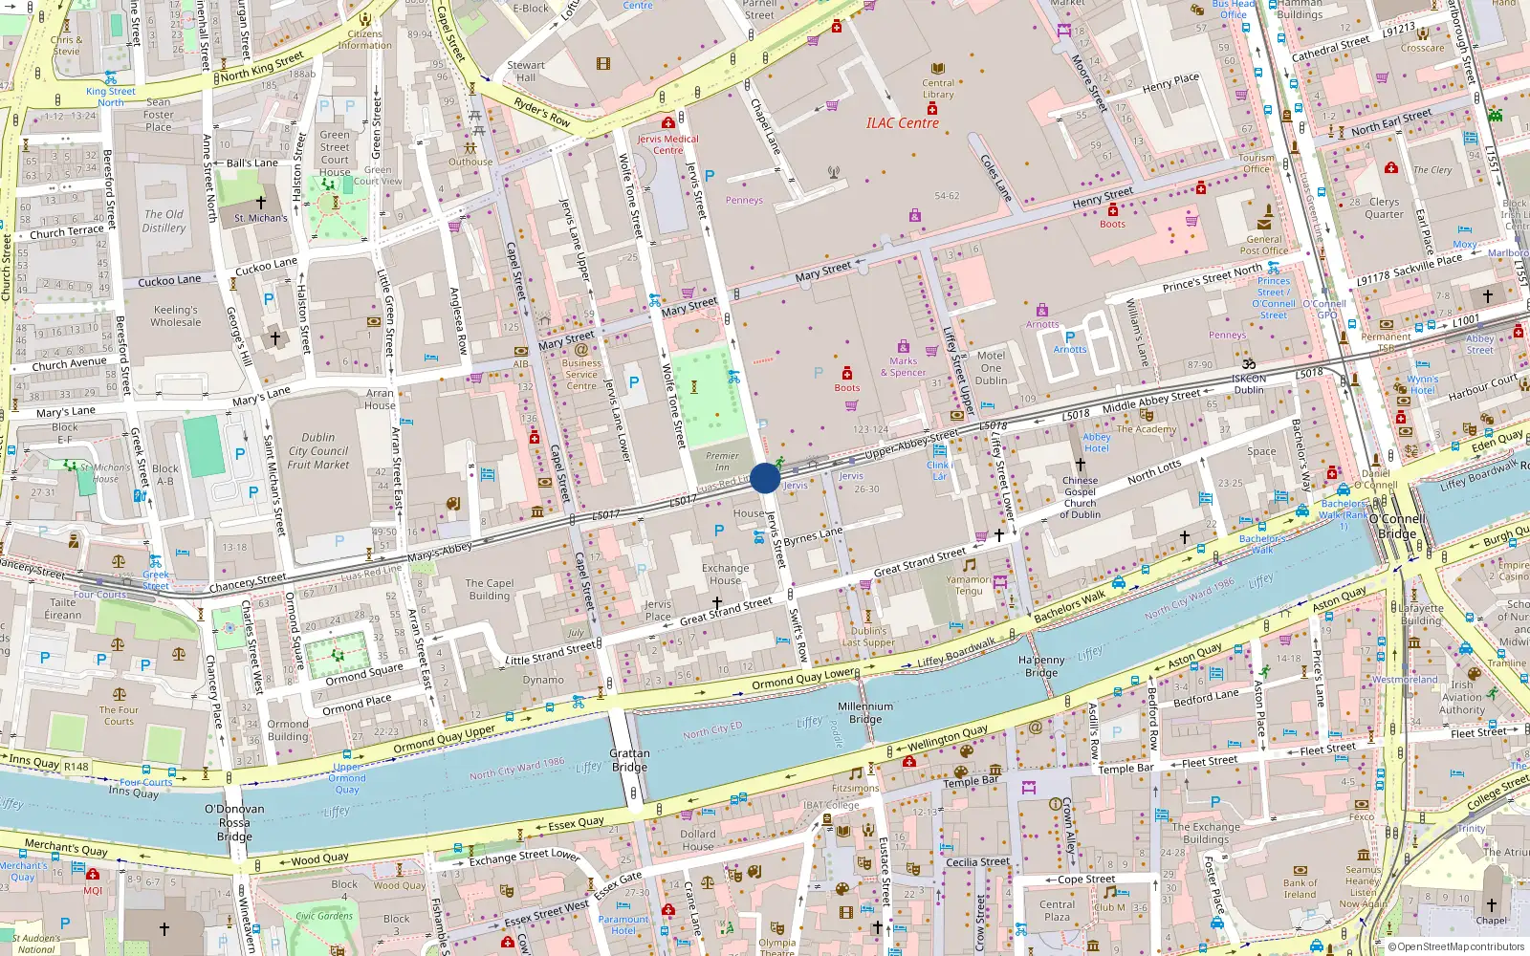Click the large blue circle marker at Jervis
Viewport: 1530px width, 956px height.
coord(765,478)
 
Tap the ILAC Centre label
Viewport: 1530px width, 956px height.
coord(902,123)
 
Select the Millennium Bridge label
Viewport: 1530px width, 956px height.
coord(865,712)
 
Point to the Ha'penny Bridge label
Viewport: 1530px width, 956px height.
coord(1041,666)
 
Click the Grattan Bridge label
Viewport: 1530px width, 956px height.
coord(629,760)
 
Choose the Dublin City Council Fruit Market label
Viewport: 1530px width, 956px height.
coord(318,451)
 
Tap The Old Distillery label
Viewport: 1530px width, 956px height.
coord(164,221)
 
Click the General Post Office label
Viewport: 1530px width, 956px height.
coord(1264,246)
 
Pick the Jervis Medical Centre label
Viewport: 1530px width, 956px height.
coord(667,144)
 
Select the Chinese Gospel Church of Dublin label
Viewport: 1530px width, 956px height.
coord(1080,498)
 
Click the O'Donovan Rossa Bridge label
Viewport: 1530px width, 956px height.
coord(234,822)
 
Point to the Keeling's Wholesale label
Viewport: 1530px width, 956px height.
coord(176,316)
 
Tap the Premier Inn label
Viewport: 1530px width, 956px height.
coord(722,461)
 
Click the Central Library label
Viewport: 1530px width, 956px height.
coord(938,89)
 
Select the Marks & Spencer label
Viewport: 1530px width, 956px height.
coord(903,367)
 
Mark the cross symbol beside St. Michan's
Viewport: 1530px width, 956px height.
coord(260,203)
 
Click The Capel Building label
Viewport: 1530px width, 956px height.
coord(490,589)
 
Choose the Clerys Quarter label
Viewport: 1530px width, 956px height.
coord(1384,207)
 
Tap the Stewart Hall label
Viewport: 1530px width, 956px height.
coord(526,72)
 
